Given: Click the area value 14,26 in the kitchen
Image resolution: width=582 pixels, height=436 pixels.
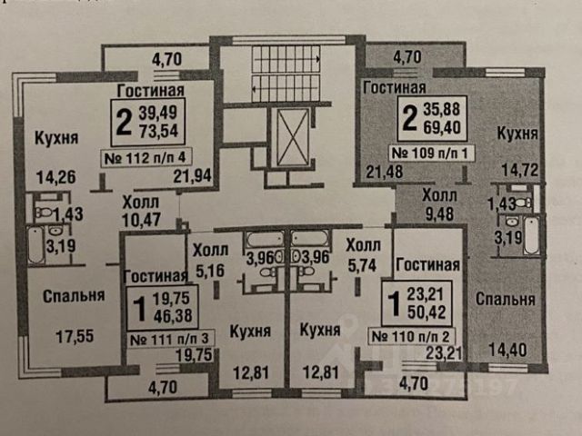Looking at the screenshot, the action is coord(55,178).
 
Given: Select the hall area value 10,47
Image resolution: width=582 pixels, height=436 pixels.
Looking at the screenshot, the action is coord(141,220).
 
